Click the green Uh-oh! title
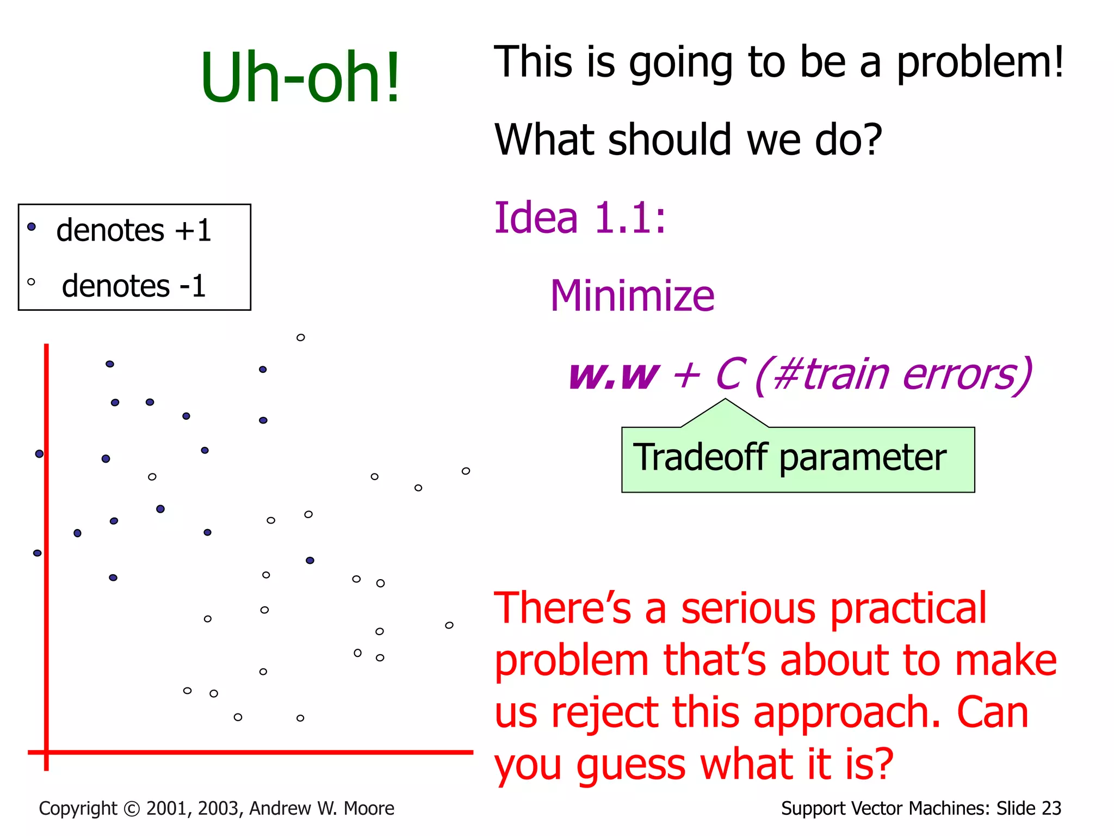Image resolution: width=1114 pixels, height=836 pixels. pyautogui.click(x=300, y=77)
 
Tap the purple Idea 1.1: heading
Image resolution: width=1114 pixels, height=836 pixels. pyautogui.click(x=579, y=218)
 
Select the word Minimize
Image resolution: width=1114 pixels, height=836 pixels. pyautogui.click(x=632, y=296)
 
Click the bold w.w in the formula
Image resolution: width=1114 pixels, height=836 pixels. pyautogui.click(x=613, y=375)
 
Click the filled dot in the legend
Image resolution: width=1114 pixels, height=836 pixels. pyautogui.click(x=32, y=226)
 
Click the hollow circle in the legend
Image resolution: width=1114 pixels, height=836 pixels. pyautogui.click(x=31, y=282)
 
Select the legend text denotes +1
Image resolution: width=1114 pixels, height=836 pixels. pyautogui.click(x=134, y=230)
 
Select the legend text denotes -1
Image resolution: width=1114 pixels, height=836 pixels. pyautogui.click(x=134, y=286)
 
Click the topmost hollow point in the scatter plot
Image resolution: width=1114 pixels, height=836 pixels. pyautogui.click(x=300, y=337)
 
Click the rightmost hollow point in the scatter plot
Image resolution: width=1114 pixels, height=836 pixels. pyautogui.click(x=466, y=471)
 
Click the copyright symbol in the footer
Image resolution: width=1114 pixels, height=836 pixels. pyautogui.click(x=132, y=809)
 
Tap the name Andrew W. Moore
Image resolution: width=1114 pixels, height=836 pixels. pyautogui.click(x=321, y=809)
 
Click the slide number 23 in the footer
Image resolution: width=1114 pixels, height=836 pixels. pyautogui.click(x=1051, y=809)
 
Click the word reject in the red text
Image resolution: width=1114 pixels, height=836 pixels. pyautogui.click(x=604, y=713)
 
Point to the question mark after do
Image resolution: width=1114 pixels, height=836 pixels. pyautogui.click(x=871, y=140)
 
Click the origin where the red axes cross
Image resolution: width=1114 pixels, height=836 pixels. pyautogui.click(x=46, y=752)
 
